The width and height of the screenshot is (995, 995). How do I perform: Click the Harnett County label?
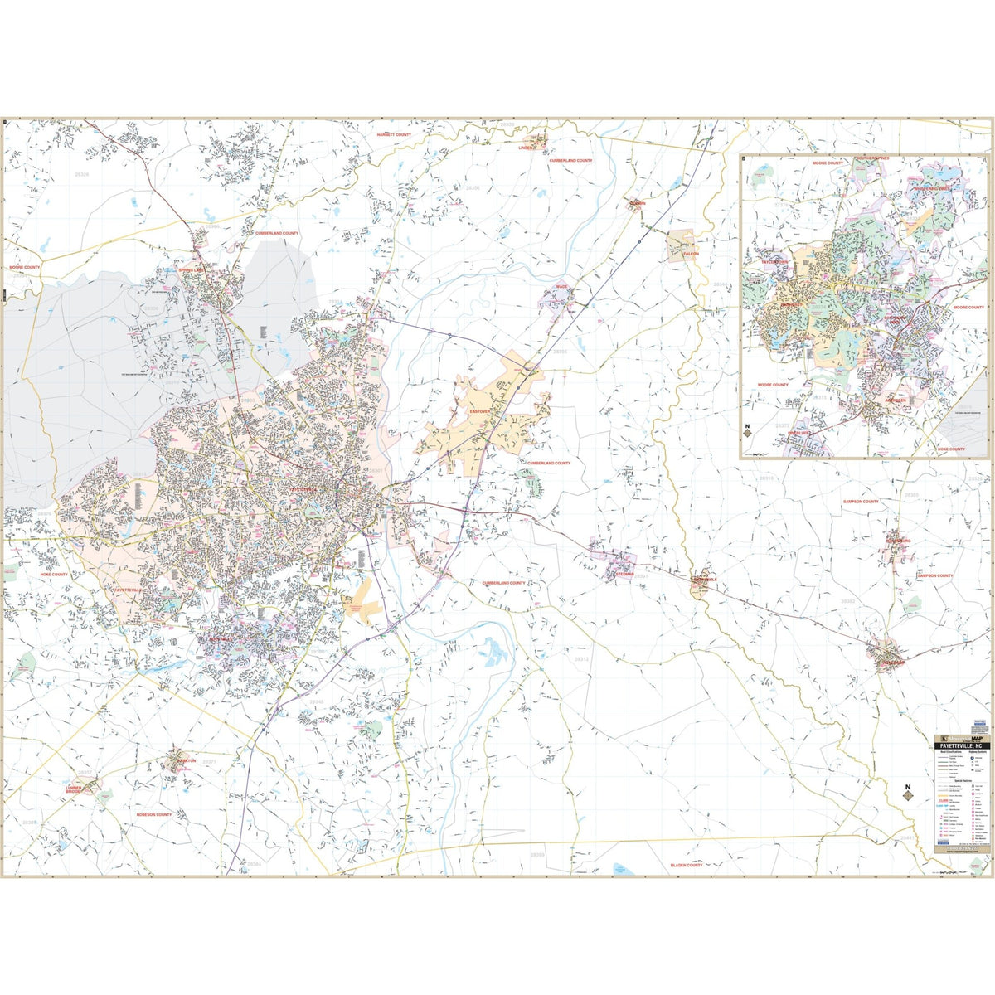point(394,134)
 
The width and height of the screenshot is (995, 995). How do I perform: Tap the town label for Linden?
point(527,148)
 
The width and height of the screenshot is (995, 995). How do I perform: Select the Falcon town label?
point(691,254)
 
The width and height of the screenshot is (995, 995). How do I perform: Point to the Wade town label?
point(561,287)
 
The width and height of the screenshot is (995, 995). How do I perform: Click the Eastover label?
point(480,411)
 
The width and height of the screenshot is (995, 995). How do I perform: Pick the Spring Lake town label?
point(197,270)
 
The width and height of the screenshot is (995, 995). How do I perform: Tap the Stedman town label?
point(624,574)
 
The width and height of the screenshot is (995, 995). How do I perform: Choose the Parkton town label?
point(184,760)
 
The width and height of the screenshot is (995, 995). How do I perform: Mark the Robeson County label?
point(153,815)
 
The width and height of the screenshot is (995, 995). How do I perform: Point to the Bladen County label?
point(686,865)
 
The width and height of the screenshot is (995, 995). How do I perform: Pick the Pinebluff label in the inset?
point(803,433)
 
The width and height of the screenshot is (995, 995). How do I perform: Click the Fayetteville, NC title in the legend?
point(963,746)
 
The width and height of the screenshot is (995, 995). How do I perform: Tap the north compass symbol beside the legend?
point(907,793)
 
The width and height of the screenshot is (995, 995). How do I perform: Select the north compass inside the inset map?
point(747,433)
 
